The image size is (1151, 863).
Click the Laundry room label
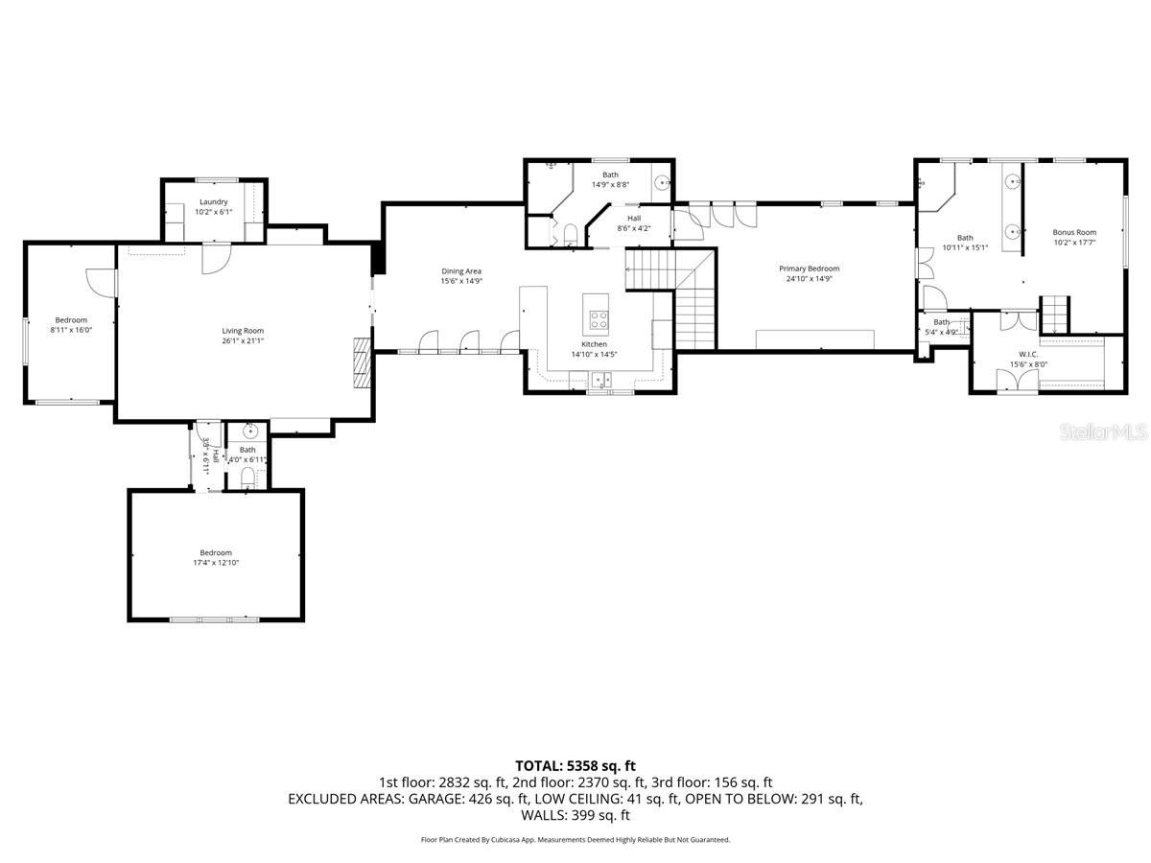pyautogui.click(x=213, y=201)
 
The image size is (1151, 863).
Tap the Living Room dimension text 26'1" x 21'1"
pyautogui.click(x=243, y=339)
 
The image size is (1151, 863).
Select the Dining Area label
pyautogui.click(x=460, y=271)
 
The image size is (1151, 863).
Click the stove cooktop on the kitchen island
pyautogui.click(x=598, y=318)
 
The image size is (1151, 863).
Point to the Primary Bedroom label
pyautogui.click(x=809, y=268)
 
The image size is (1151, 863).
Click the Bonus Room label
pyautogui.click(x=1073, y=232)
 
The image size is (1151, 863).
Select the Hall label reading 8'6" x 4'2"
pyautogui.click(x=634, y=219)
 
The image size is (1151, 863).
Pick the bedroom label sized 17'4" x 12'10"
pyautogui.click(x=216, y=552)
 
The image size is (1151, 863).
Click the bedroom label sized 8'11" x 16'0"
pyautogui.click(x=71, y=320)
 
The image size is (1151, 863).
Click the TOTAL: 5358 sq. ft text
pyautogui.click(x=575, y=765)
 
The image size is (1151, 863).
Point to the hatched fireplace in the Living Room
pyautogui.click(x=361, y=362)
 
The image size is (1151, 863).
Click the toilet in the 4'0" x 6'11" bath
pyautogui.click(x=247, y=475)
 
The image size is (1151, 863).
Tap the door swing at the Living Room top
pyautogui.click(x=215, y=259)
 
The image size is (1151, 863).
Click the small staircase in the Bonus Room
pyautogui.click(x=1054, y=311)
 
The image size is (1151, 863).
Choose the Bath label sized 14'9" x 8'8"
pyautogui.click(x=610, y=175)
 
